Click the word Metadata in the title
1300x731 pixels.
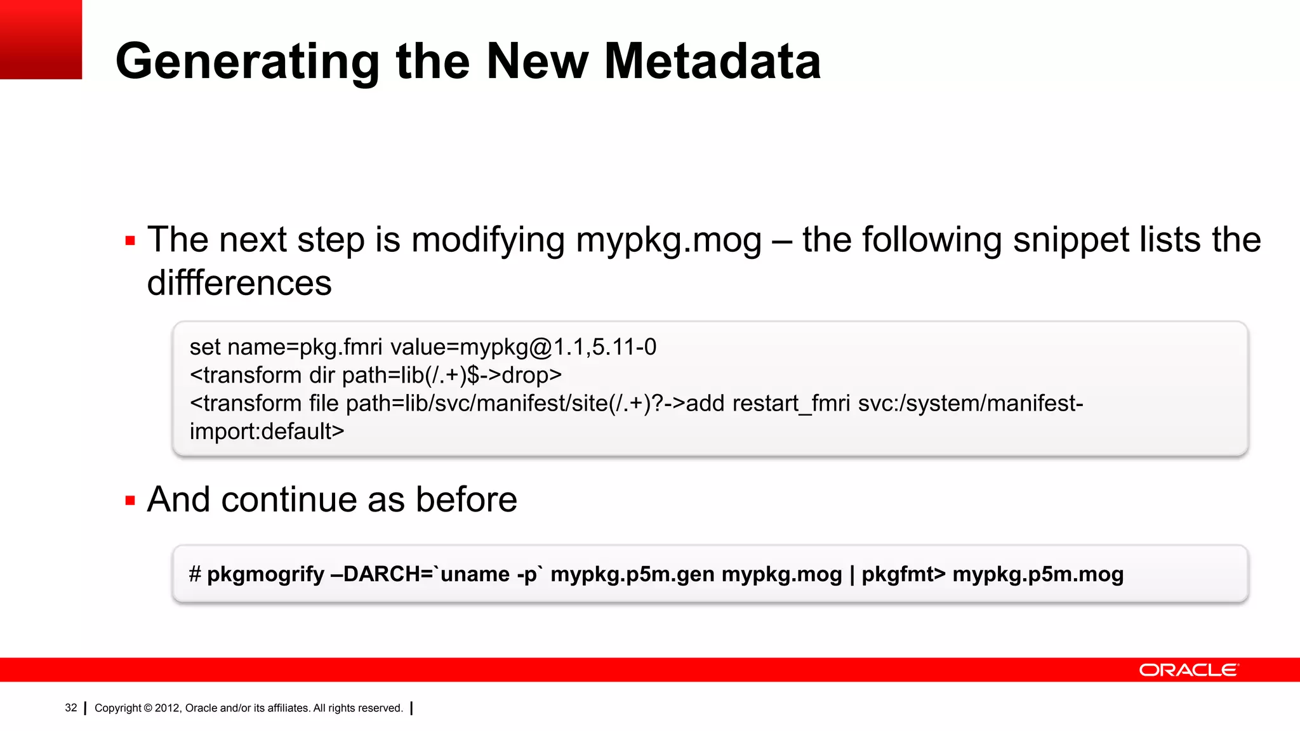712,62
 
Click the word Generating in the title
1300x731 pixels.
248,62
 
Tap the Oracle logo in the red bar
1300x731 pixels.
1188,670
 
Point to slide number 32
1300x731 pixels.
71,708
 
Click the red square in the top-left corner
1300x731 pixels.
41,39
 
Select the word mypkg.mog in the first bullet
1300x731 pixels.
668,240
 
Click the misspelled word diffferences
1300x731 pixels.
239,283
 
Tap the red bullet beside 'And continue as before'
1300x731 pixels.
131,501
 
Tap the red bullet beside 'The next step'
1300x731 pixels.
131,241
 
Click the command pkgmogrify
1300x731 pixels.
265,574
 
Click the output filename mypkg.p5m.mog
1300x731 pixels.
1038,574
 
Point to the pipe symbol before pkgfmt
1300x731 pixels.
852,574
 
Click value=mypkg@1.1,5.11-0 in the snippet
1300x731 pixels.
523,347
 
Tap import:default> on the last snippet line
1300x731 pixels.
267,431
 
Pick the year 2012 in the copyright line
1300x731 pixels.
167,708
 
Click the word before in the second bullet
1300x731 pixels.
467,500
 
